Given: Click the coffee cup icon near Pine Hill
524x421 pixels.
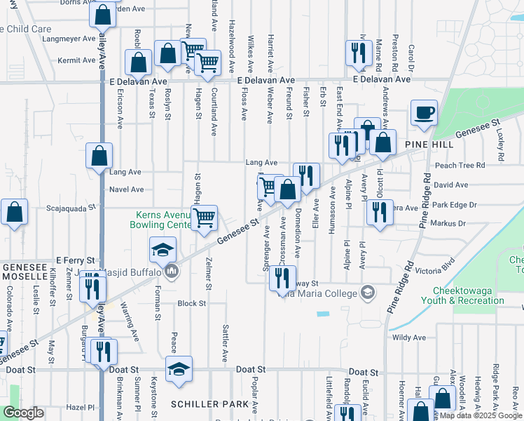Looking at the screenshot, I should (424, 113).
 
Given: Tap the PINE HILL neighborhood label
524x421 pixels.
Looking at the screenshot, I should (429, 143).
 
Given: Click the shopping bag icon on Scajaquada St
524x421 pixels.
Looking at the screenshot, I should (14, 212).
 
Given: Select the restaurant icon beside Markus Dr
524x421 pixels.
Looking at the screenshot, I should (379, 211).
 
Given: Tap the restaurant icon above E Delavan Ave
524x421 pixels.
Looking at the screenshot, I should (358, 53).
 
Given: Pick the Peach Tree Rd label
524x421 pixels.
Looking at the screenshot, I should (460, 166).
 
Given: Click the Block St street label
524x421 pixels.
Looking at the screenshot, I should (191, 304).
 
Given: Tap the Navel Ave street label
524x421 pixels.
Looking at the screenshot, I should (127, 189).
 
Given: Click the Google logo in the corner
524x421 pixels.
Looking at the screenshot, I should (24, 413).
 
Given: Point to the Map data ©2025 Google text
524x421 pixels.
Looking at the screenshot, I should (480, 415).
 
